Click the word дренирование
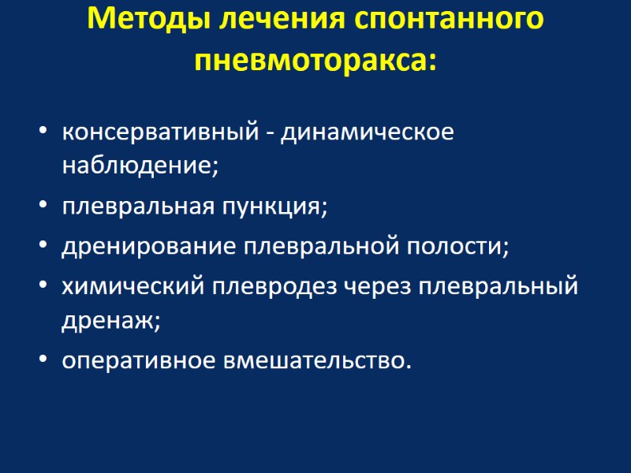[149, 247]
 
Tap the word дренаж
[111, 321]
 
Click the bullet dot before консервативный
[43, 132]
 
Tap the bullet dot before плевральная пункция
[43, 207]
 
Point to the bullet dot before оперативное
[43, 361]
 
